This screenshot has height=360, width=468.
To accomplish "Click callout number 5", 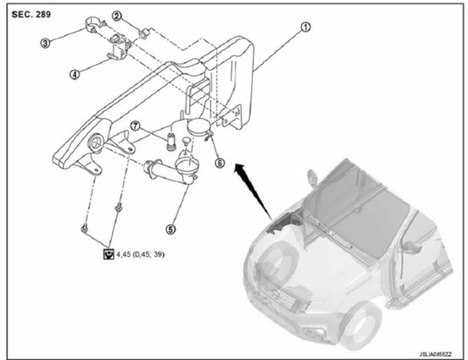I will (171, 230).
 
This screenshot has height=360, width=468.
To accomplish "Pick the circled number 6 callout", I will (219, 162).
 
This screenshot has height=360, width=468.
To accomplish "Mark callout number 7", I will (135, 126).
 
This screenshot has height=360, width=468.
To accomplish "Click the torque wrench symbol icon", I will (108, 254).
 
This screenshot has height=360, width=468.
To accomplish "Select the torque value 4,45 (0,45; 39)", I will (140, 254).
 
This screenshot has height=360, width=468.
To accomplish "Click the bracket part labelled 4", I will (118, 49).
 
